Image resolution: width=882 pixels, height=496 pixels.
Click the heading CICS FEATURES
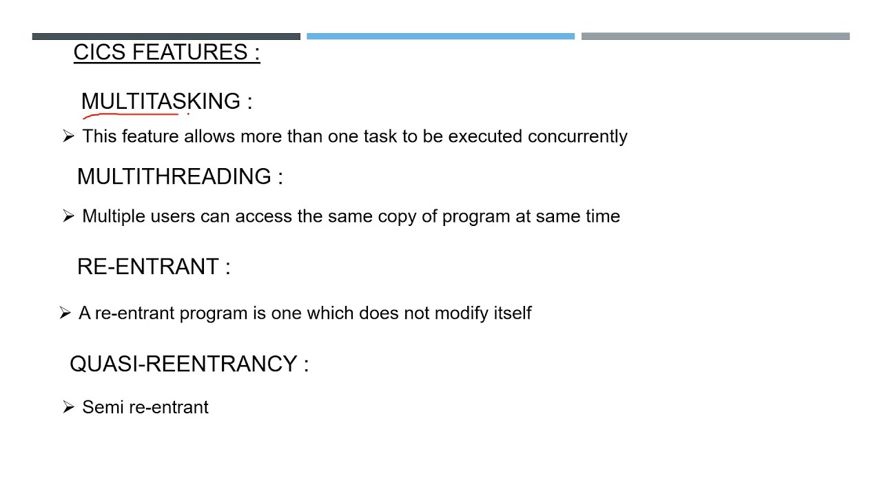(166, 52)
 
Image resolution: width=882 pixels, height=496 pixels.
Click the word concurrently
(577, 136)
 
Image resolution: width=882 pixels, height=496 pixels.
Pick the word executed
(485, 136)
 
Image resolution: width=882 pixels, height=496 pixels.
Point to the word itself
(513, 313)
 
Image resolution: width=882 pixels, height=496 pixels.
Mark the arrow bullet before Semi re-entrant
(68, 407)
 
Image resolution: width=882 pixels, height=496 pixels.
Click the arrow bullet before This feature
(68, 136)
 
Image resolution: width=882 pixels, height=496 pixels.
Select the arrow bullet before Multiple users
(68, 216)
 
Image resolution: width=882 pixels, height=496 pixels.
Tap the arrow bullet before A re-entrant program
(65, 313)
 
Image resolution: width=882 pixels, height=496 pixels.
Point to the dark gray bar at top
(166, 37)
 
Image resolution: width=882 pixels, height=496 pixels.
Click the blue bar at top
(440, 37)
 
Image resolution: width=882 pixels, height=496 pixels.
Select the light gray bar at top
(715, 37)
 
